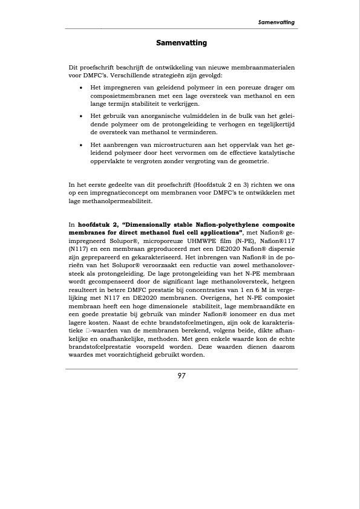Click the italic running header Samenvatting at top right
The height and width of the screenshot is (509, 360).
[276, 22]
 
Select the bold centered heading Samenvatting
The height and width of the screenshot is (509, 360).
[182, 43]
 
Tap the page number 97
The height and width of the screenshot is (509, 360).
[182, 375]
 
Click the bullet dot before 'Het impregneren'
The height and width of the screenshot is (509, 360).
[82, 88]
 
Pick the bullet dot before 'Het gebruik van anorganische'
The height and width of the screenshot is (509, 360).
[82, 115]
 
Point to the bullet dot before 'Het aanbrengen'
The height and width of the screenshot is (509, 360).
[82, 146]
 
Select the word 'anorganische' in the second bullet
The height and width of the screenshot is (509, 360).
[158, 115]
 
